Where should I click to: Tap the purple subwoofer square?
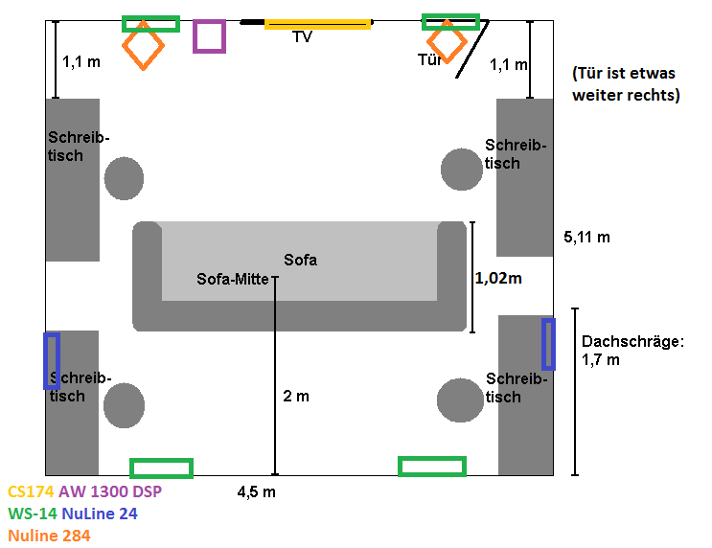209,36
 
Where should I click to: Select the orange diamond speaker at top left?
143,45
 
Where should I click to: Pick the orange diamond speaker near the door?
447,43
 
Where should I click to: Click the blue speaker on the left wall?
52,360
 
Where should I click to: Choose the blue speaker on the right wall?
548,344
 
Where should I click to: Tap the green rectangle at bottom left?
161,468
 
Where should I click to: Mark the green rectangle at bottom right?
432,467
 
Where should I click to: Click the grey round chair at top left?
124,179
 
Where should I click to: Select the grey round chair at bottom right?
460,401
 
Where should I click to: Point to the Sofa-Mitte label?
233,280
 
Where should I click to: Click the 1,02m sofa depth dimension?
499,279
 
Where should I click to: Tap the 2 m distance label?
296,396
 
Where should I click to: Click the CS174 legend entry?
31,491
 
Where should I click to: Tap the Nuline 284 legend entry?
49,536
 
